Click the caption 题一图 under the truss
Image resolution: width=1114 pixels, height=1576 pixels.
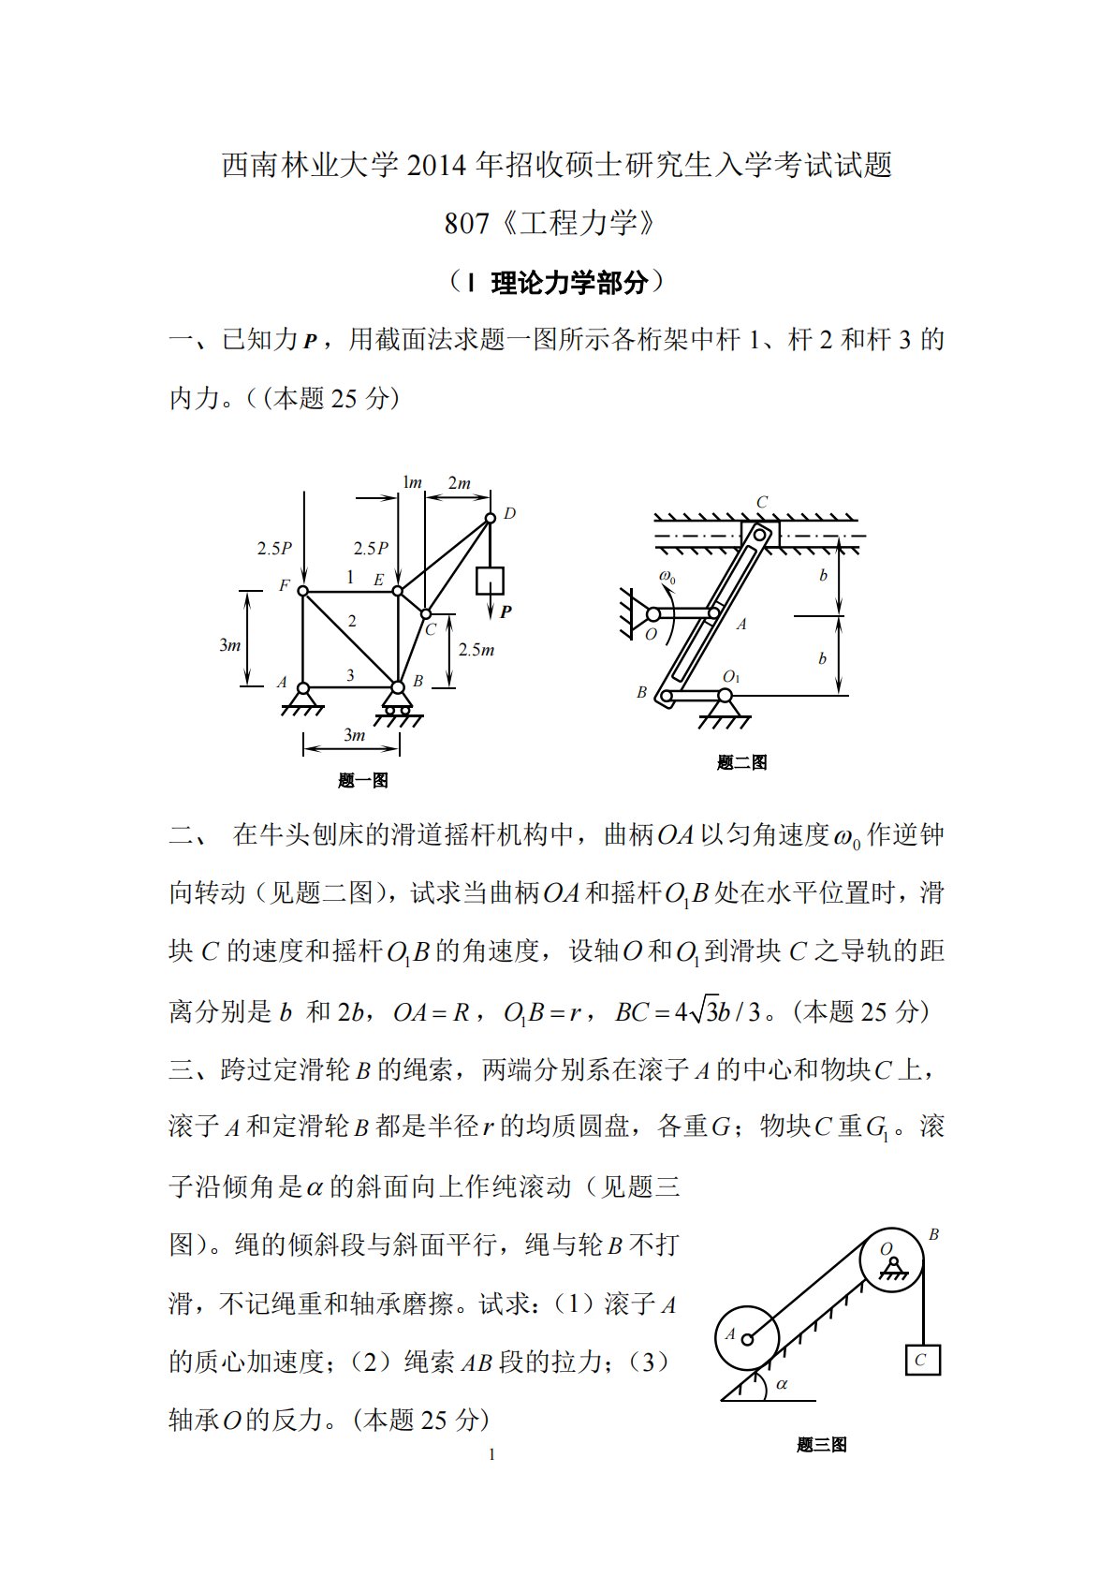pyautogui.click(x=363, y=780)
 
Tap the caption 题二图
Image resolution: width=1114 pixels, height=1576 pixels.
pyautogui.click(x=741, y=762)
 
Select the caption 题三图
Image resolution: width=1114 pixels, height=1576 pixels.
pyautogui.click(x=821, y=1444)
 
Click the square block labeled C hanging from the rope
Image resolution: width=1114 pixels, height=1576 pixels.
pyautogui.click(x=922, y=1360)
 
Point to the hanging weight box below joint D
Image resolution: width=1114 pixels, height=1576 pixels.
pyautogui.click(x=490, y=581)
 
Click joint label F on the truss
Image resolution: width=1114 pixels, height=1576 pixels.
pyautogui.click(x=285, y=586)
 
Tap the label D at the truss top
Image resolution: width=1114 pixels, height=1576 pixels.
pyautogui.click(x=510, y=513)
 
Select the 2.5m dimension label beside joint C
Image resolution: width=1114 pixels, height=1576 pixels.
pyautogui.click(x=476, y=649)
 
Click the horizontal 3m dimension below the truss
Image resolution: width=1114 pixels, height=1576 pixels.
pyautogui.click(x=353, y=735)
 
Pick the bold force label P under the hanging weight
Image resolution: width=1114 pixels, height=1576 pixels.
pyautogui.click(x=506, y=611)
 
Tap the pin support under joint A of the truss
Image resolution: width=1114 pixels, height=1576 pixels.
pyautogui.click(x=302, y=700)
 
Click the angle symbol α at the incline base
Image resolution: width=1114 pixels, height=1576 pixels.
pyautogui.click(x=782, y=1383)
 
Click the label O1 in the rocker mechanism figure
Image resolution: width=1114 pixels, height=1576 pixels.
pyautogui.click(x=731, y=676)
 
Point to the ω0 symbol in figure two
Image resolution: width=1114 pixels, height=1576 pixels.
pyautogui.click(x=667, y=577)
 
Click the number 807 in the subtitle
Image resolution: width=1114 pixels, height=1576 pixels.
pyautogui.click(x=467, y=224)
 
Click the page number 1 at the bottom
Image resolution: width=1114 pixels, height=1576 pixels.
pyautogui.click(x=491, y=1454)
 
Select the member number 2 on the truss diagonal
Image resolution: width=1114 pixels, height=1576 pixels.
pyautogui.click(x=352, y=620)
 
